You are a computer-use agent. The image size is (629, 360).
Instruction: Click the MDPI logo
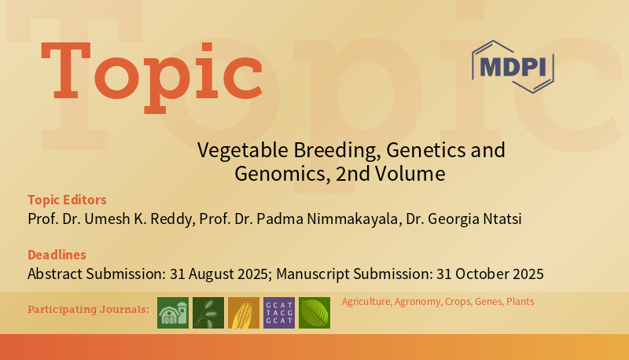[x=513, y=66]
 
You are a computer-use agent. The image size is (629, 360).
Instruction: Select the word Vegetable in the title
[x=234, y=149]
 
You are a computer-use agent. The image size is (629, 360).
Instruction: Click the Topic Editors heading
[x=67, y=199]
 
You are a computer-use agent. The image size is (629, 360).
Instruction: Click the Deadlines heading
[x=57, y=255]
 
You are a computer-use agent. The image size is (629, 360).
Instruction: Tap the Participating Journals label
[x=88, y=309]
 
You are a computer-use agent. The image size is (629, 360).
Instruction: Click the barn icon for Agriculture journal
[x=173, y=313]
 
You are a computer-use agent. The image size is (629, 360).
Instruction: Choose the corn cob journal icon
[x=244, y=313]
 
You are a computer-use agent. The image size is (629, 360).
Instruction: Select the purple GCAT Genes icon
[x=279, y=313]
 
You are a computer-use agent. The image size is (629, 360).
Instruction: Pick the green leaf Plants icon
[x=314, y=313]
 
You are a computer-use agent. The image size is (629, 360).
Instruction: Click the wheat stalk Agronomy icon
[x=208, y=313]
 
